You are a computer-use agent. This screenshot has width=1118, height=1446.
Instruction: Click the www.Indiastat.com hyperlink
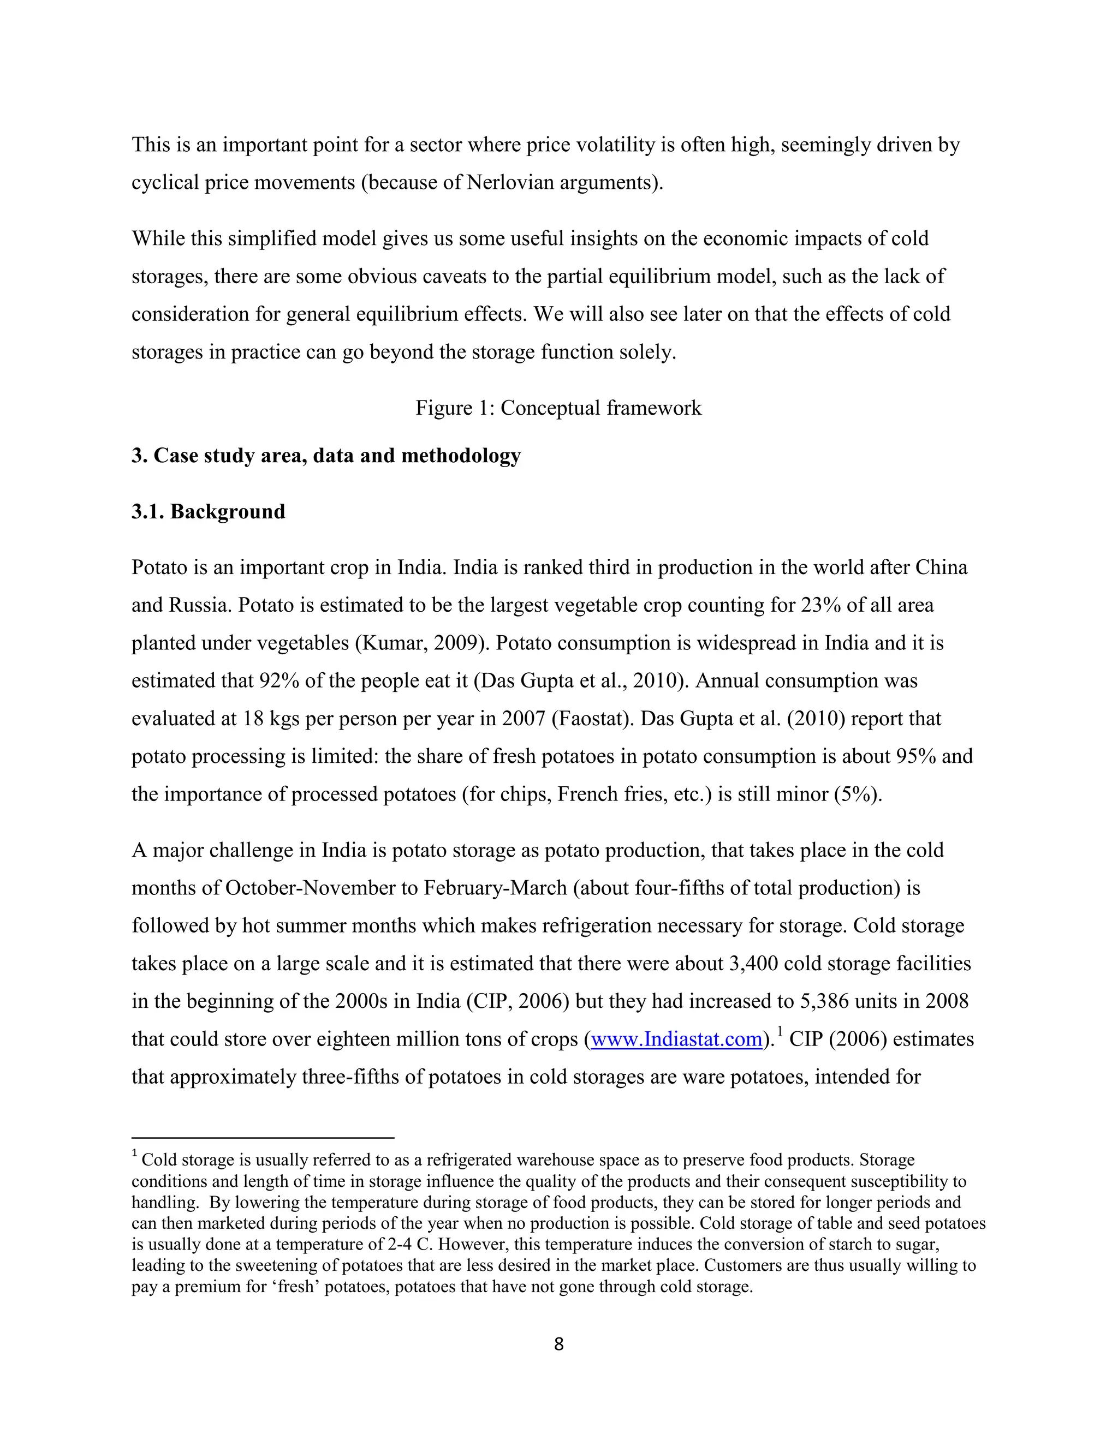tap(676, 1039)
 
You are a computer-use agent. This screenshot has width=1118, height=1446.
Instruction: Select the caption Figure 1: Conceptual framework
tap(558, 408)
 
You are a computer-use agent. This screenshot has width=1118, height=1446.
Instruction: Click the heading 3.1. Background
tap(208, 512)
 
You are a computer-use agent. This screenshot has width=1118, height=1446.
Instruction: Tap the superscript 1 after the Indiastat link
tap(780, 1031)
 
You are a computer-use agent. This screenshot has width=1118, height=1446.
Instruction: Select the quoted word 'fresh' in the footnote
tap(296, 1287)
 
